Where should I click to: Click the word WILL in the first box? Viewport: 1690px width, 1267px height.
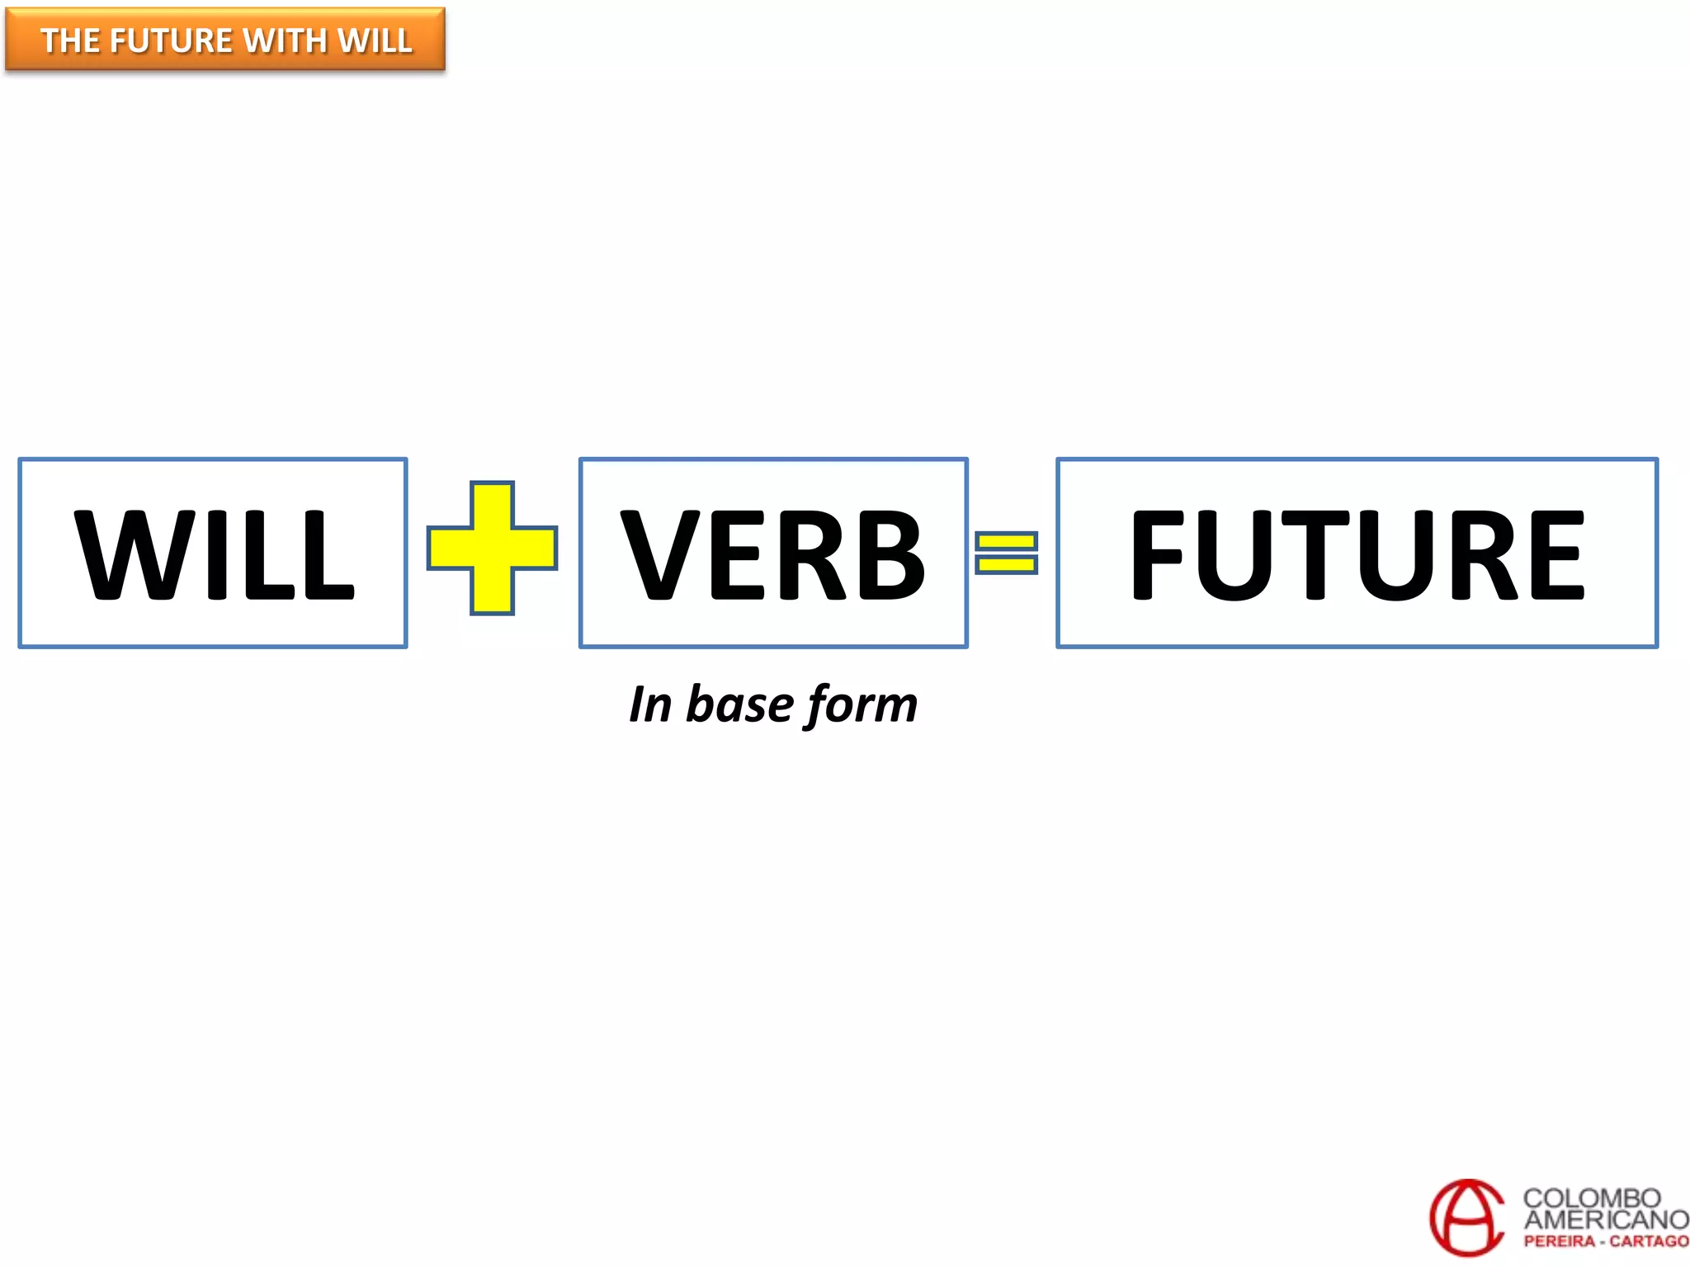[x=214, y=554]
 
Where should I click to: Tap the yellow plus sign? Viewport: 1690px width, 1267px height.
[x=492, y=548]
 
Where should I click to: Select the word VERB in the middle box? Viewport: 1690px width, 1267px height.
[x=772, y=554]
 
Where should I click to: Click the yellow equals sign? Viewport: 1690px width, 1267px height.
[x=1006, y=553]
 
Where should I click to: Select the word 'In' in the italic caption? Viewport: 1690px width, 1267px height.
[x=650, y=705]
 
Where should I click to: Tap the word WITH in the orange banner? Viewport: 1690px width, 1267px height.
[x=285, y=40]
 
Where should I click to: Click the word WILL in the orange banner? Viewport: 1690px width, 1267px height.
[x=375, y=40]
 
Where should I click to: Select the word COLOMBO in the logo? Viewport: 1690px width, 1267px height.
[x=1591, y=1198]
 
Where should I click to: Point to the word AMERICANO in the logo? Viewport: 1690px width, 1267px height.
[x=1605, y=1220]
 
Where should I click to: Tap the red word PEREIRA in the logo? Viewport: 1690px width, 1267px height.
[x=1559, y=1241]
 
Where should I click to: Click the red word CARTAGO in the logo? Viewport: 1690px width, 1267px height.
[x=1649, y=1241]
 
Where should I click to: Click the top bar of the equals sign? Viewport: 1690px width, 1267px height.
[x=1006, y=541]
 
